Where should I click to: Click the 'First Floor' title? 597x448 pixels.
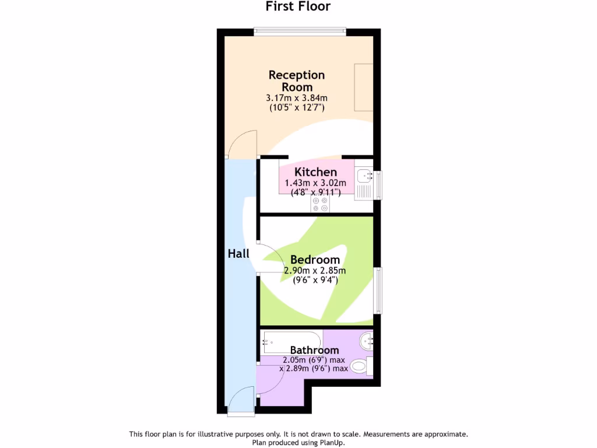click(x=298, y=6)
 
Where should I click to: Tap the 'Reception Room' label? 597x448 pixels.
click(x=297, y=80)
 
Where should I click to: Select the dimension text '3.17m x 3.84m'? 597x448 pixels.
click(x=297, y=97)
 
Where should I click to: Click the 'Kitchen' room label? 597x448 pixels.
click(x=315, y=172)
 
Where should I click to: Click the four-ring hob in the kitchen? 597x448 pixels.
click(x=320, y=204)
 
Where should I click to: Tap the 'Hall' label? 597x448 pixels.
click(x=238, y=254)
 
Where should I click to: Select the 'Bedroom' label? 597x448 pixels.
click(x=315, y=260)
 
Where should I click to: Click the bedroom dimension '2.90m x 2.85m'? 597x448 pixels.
click(x=315, y=271)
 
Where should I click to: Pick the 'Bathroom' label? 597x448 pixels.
click(x=314, y=350)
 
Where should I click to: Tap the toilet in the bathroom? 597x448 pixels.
click(x=361, y=367)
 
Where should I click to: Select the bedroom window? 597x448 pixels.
click(x=377, y=290)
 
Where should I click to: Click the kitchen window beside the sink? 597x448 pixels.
click(x=377, y=184)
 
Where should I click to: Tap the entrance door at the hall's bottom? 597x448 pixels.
click(x=241, y=404)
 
